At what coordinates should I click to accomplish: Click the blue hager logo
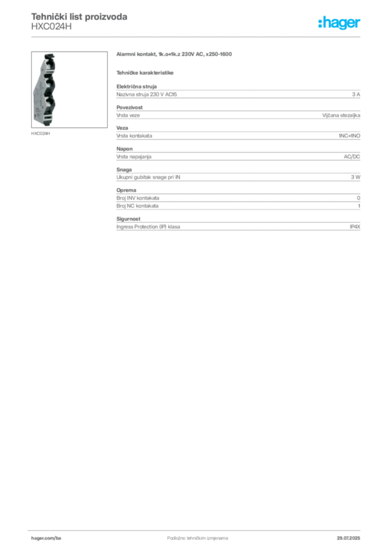pos(340,23)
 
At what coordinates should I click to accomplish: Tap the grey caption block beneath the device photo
pos(41,133)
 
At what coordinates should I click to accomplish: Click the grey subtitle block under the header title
pos(51,30)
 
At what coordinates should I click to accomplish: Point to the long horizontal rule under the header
pos(214,36)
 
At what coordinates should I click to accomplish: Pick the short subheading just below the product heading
pos(146,72)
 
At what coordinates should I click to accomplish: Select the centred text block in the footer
pos(191,536)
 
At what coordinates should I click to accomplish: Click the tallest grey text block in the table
pos(238,202)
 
